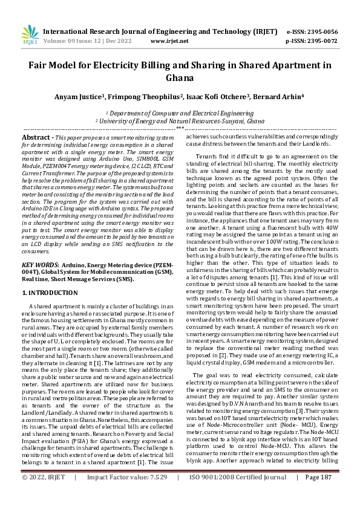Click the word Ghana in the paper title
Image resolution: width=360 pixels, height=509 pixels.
point(180,78)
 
